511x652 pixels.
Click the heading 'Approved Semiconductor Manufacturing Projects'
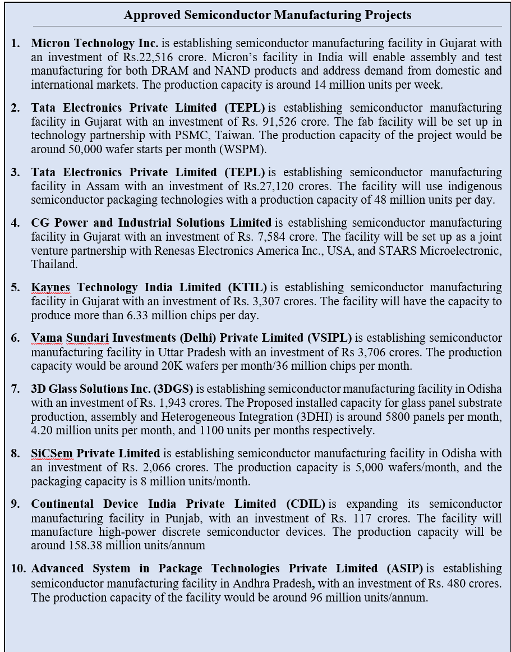[x=268, y=15]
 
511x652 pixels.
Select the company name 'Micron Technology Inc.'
[x=95, y=43]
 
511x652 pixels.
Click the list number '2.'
[x=15, y=108]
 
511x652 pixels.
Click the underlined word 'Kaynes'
[x=50, y=288]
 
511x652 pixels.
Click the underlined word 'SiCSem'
[x=51, y=453]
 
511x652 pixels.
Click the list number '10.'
[x=18, y=568]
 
